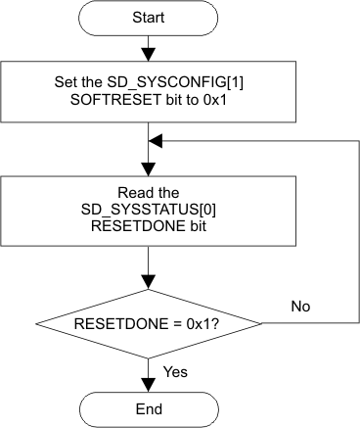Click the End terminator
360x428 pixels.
pyautogui.click(x=146, y=407)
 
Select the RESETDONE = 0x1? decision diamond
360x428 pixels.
pyautogui.click(x=146, y=322)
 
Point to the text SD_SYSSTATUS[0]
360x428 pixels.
pyautogui.click(x=146, y=210)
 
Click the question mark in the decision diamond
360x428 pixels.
pyautogui.click(x=212, y=322)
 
